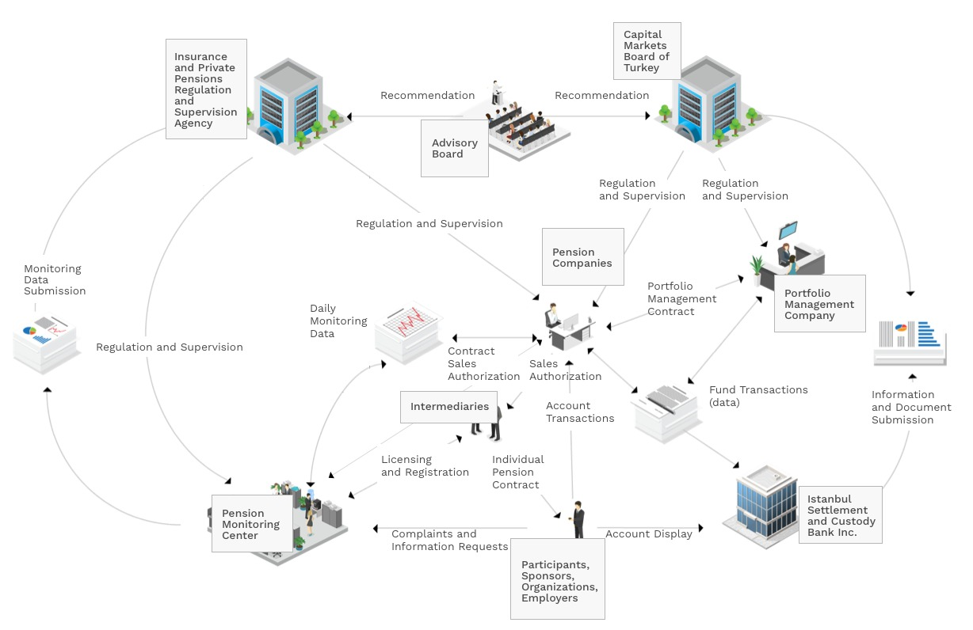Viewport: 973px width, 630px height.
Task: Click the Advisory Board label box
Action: coord(454,148)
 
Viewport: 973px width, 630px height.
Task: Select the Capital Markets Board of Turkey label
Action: coord(647,51)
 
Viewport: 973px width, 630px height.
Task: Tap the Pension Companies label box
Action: coord(582,257)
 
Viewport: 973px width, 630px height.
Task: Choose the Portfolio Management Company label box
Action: coord(818,304)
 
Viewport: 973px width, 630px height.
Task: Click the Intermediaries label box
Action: coord(449,407)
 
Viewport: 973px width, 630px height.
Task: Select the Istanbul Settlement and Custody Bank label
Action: coord(840,515)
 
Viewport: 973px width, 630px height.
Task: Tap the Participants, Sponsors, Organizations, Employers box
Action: coord(558,581)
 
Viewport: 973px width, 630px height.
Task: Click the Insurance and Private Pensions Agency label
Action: coord(205,89)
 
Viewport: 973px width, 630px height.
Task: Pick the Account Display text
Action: coord(648,533)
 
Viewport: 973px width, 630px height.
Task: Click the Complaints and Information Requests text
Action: coord(449,540)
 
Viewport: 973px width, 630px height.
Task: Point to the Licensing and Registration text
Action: coord(425,465)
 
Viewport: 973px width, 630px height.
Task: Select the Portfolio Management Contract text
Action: coord(681,298)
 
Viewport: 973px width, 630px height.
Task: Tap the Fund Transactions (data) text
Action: coord(758,396)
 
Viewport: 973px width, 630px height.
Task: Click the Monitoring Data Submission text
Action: coord(55,279)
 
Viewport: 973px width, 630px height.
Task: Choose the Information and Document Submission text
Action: coord(911,407)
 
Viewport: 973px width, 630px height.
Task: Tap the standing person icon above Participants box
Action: coord(578,518)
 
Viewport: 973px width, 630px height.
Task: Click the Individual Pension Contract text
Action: coord(517,472)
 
